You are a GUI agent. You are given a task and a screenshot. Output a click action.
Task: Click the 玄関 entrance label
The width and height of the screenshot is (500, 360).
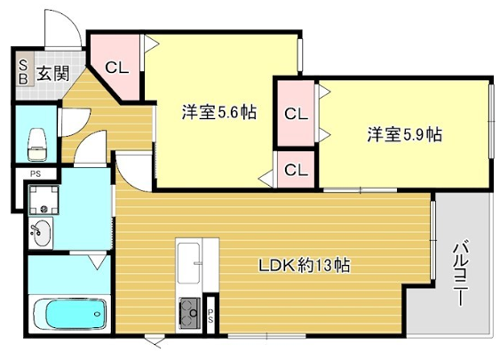click(54, 72)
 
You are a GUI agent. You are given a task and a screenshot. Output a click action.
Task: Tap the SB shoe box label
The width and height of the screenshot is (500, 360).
click(22, 72)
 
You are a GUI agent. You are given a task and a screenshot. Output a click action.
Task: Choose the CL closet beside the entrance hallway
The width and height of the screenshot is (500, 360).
click(116, 68)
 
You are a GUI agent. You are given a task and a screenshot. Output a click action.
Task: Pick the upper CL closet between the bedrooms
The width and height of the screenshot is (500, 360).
click(295, 113)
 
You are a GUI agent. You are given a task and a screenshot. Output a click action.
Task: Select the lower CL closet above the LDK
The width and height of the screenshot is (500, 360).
click(295, 169)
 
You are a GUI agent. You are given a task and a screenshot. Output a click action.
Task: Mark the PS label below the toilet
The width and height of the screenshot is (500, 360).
click(35, 175)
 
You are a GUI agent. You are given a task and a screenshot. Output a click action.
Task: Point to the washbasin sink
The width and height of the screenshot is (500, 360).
click(40, 234)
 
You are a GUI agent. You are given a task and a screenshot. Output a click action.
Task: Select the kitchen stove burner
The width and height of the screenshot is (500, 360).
click(189, 312)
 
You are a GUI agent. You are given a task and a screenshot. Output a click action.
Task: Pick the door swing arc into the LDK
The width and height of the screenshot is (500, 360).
click(135, 170)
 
